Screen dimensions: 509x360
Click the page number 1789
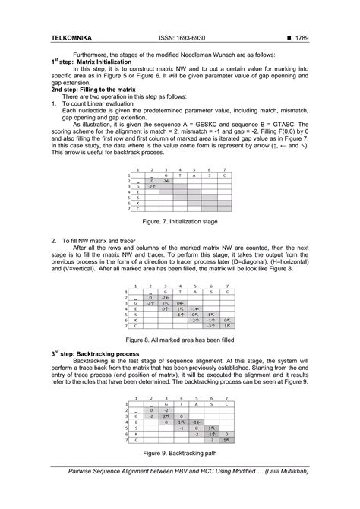(298, 36)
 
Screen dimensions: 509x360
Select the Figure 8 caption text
(179, 340)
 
